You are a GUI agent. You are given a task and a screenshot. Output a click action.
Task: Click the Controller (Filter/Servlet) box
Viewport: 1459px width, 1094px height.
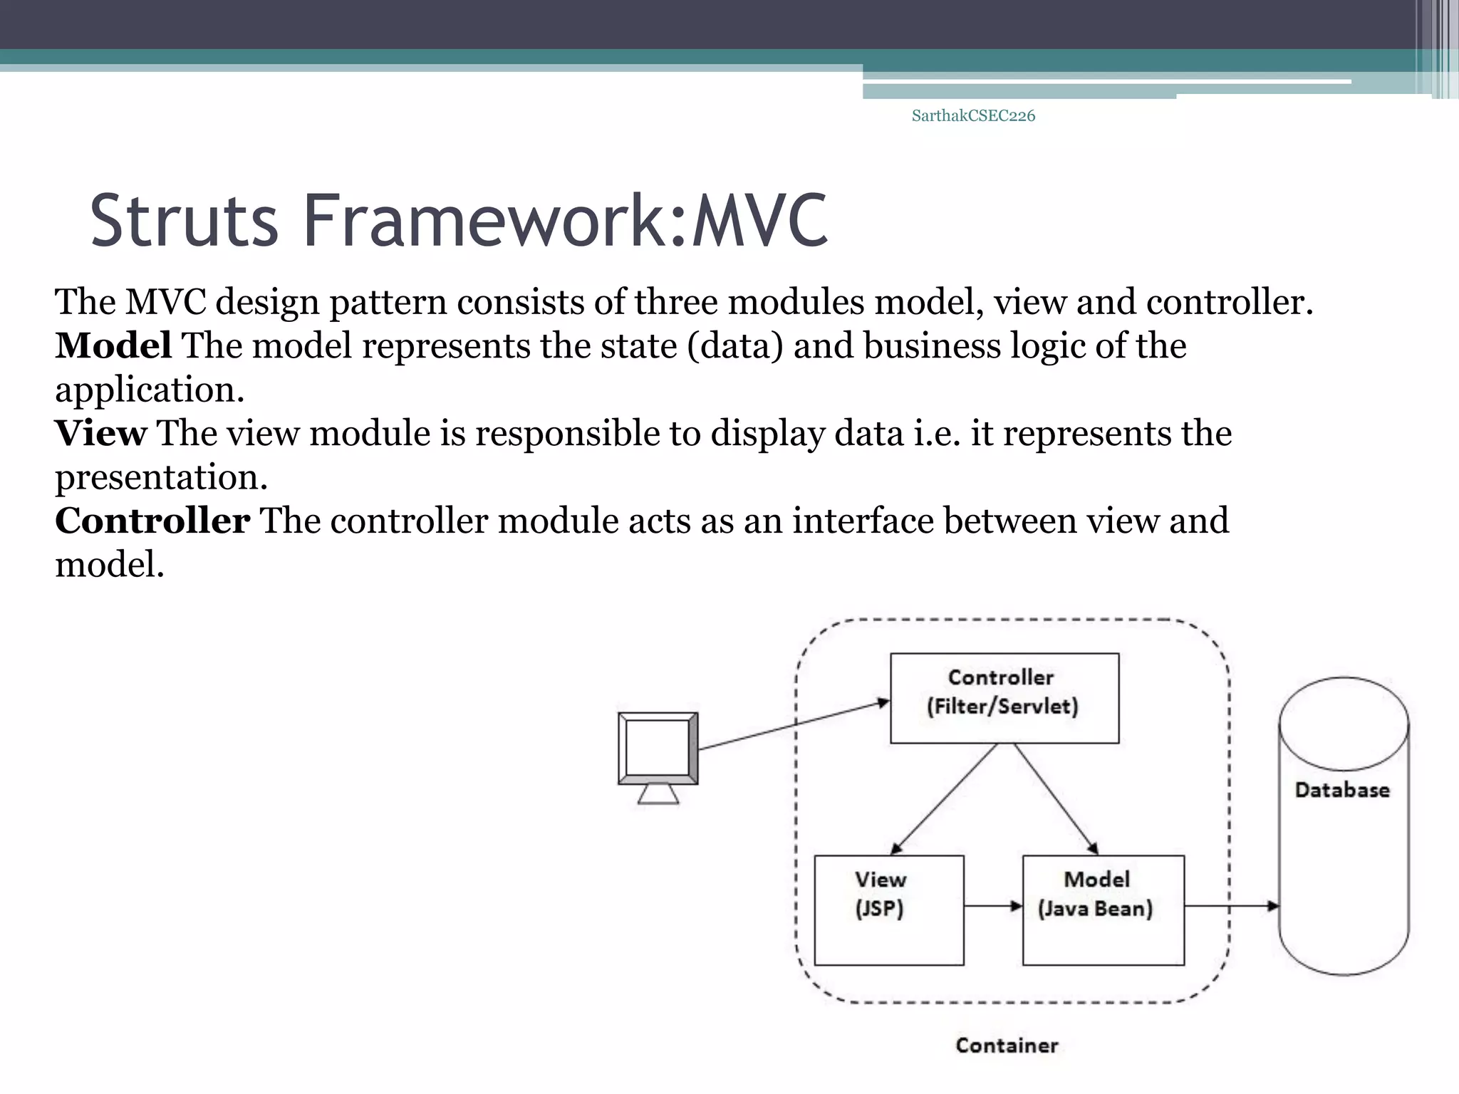click(x=1004, y=697)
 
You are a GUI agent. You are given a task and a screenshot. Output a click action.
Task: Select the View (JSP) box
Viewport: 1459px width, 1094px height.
click(x=888, y=910)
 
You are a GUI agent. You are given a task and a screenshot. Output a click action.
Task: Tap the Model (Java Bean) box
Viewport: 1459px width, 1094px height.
click(x=1103, y=910)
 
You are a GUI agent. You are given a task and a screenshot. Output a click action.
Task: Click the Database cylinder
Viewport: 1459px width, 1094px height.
click(x=1343, y=826)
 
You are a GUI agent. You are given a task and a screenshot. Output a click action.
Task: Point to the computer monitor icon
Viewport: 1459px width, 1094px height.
click(x=658, y=755)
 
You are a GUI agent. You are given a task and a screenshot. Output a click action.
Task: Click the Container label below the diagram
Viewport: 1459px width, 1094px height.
click(x=1007, y=1046)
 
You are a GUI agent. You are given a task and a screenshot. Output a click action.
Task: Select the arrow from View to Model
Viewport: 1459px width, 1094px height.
click(x=992, y=906)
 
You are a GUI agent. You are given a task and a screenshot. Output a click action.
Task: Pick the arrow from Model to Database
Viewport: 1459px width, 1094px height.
click(x=1231, y=906)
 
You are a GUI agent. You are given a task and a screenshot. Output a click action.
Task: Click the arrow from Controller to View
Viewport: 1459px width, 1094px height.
click(x=943, y=798)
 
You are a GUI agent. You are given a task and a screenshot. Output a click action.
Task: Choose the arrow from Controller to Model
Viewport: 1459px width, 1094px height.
click(x=1056, y=798)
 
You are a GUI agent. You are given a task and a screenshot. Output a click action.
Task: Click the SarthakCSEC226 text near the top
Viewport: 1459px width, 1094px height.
click(x=973, y=116)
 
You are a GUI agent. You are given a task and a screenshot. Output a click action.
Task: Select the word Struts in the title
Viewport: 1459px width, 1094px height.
click(x=184, y=221)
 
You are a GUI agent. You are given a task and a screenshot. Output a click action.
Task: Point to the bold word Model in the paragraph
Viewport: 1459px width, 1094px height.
click(x=113, y=346)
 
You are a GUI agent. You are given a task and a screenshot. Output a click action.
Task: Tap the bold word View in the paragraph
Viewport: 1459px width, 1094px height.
click(x=100, y=434)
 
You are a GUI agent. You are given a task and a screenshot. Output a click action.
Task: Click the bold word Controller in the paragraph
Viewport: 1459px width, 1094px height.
click(x=152, y=521)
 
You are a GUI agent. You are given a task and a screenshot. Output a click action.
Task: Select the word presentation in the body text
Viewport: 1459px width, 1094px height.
click(x=161, y=478)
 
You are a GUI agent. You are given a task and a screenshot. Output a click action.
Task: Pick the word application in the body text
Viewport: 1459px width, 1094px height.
click(x=150, y=390)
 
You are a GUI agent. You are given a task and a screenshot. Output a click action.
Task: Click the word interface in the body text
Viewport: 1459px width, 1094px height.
click(x=863, y=521)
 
